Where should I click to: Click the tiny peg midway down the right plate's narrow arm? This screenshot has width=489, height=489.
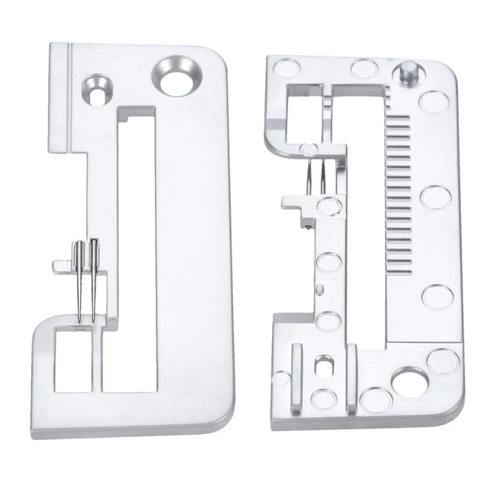pyautogui.click(x=322, y=288)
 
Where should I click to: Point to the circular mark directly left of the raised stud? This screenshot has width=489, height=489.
pyautogui.click(x=361, y=66)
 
